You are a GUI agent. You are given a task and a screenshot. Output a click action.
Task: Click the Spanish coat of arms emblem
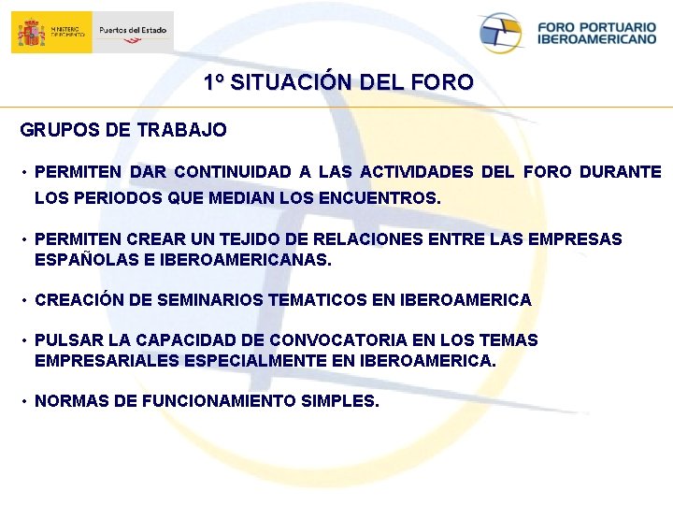pos(31,33)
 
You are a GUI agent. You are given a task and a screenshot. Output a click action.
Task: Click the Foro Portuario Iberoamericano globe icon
pos(500,33)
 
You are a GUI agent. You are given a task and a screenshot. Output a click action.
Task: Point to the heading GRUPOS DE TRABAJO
pos(123,130)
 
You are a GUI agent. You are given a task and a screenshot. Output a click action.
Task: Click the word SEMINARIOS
pos(208,300)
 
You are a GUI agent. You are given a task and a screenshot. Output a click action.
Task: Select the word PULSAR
pos(64,340)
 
